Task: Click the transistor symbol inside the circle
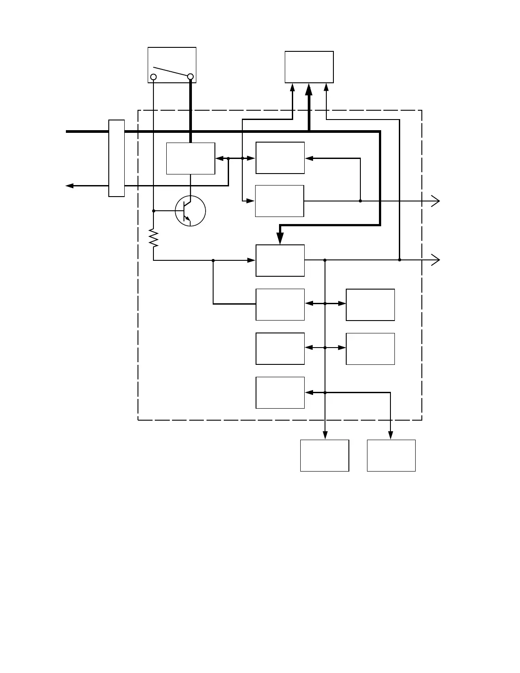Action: [190, 211]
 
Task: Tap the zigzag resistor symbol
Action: [153, 238]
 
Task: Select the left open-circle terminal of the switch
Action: [153, 77]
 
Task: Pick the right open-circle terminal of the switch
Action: [191, 77]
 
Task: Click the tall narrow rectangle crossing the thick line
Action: [117, 158]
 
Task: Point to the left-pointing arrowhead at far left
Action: [69, 186]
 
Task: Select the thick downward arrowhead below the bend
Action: [280, 239]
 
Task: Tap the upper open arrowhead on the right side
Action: [436, 201]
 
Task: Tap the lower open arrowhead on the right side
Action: [436, 260]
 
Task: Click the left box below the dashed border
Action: [325, 456]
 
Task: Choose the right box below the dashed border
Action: [391, 456]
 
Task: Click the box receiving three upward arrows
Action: [309, 67]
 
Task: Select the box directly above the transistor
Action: [191, 159]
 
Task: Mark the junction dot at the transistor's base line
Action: [153, 211]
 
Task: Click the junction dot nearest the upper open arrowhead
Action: [360, 201]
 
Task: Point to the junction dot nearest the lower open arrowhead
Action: [400, 260]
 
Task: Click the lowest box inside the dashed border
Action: [280, 393]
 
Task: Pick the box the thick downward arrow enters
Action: [280, 260]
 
